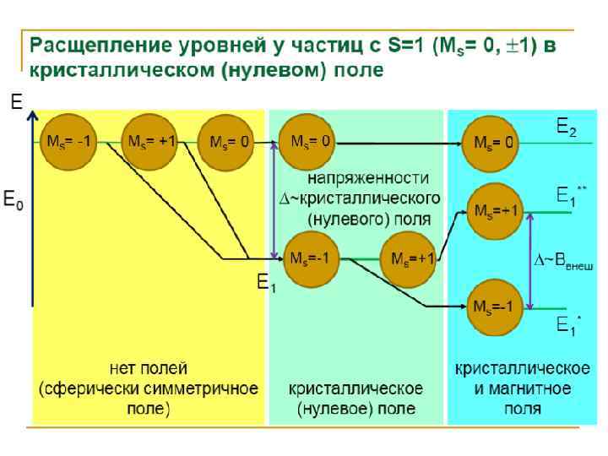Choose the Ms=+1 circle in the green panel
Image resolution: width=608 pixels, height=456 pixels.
point(410,258)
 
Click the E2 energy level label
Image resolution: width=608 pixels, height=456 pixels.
point(567,128)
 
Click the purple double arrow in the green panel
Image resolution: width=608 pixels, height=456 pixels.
point(274,199)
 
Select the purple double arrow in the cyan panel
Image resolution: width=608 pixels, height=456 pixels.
point(529,260)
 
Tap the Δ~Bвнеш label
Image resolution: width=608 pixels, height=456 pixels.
point(564,262)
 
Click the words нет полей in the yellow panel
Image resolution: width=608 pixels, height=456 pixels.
point(149,369)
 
